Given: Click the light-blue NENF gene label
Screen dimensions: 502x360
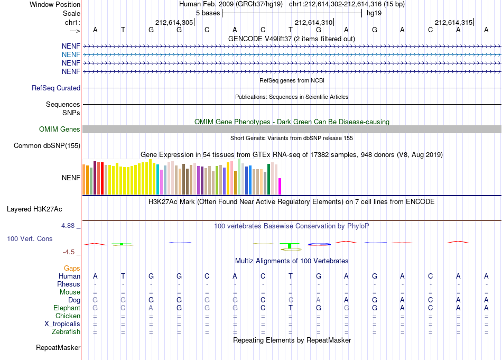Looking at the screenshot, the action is pos(71,55).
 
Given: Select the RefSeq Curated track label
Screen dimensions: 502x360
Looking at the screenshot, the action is pos(56,88).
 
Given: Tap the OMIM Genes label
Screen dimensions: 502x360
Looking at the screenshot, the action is pos(60,129).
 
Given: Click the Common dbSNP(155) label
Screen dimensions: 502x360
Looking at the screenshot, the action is pos(47,146).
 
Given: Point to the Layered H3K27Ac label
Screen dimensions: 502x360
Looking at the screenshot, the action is pos(34,209).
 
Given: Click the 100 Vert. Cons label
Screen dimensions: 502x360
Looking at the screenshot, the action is pos(30,238).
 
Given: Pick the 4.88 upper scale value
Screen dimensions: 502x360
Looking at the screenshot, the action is pos(68,226).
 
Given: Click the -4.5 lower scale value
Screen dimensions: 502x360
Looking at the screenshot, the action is pos(69,252).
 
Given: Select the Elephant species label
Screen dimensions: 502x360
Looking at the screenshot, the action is pos(67,308).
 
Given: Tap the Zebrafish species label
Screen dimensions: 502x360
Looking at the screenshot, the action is pos(66,331).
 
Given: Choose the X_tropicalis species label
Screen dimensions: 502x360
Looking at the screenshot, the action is pos(62,324).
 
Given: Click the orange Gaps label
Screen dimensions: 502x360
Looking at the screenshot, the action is pos(72,268).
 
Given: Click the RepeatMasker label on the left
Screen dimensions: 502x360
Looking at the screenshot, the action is pos(58,347).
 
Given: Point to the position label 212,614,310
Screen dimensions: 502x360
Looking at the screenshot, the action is pos(313,22).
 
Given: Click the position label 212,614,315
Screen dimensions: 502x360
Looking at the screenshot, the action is pos(454,22).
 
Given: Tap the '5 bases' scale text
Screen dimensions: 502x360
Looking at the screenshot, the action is pos(208,13).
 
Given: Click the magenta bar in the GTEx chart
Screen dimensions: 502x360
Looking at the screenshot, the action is pos(280,187).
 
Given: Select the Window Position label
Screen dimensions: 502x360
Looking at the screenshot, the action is pos(55,4).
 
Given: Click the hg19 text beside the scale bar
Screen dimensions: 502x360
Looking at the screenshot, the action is pos(374,13).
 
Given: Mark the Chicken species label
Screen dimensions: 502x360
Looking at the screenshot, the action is pos(68,316).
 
